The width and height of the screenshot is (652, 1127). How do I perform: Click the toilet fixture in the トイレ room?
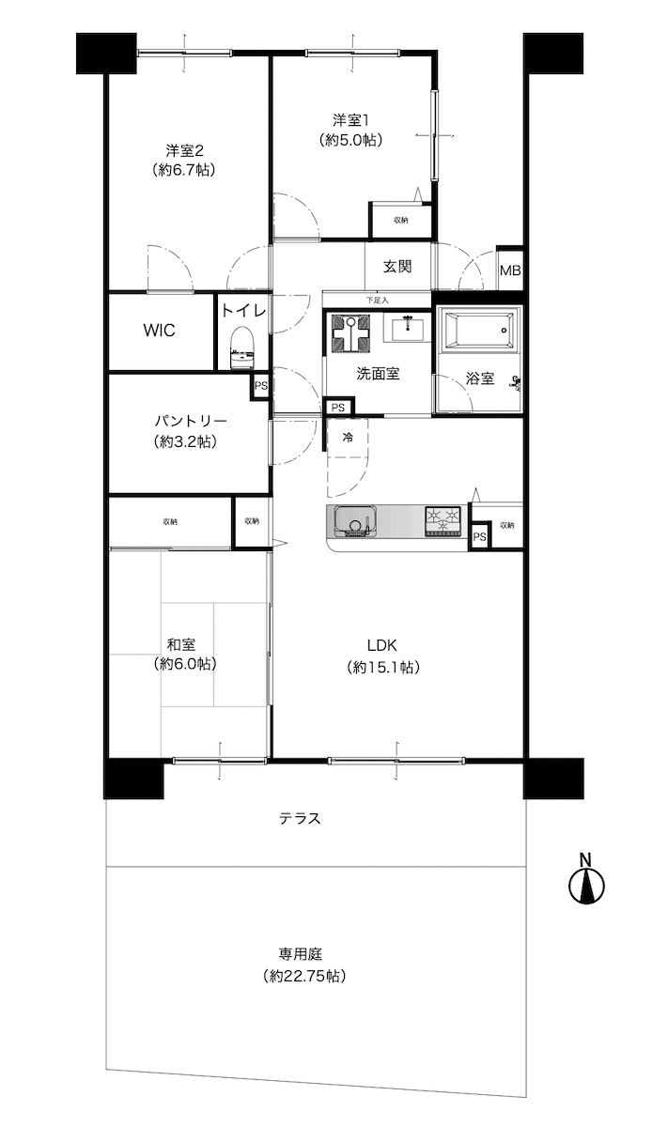click(x=243, y=348)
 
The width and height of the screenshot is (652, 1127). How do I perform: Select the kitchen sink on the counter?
click(x=356, y=520)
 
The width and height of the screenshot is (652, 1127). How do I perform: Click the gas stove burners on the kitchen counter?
click(x=443, y=520)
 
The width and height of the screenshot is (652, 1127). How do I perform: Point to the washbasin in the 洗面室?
click(x=408, y=328)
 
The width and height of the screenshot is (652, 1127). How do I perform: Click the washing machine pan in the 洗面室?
click(x=349, y=333)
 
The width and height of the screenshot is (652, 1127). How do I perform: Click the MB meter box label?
click(x=510, y=270)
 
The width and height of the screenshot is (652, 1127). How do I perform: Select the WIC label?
click(x=159, y=331)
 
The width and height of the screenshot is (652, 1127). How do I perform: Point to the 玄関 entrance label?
click(x=397, y=267)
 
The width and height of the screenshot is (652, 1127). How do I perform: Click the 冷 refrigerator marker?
click(x=348, y=438)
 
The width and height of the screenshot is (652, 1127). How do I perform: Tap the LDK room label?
click(x=382, y=644)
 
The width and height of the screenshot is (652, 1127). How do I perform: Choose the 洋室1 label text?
click(x=350, y=120)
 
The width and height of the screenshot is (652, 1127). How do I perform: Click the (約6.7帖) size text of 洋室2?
click(x=184, y=170)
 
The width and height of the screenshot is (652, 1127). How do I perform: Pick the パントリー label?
click(x=184, y=420)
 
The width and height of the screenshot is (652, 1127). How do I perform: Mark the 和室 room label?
click(x=181, y=644)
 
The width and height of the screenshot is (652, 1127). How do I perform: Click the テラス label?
click(x=300, y=819)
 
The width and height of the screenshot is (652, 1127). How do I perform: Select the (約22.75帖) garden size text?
click(x=304, y=976)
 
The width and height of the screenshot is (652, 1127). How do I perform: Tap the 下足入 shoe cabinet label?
click(x=377, y=301)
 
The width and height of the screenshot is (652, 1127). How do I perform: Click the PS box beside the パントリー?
click(x=260, y=386)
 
